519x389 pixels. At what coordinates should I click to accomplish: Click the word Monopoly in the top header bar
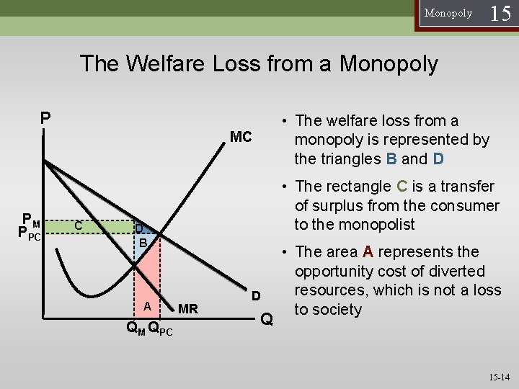coord(448,13)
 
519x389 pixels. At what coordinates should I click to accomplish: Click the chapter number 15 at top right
coord(501,13)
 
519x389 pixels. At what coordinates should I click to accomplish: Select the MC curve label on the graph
coord(240,136)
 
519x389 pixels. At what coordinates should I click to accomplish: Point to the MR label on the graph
coord(188,309)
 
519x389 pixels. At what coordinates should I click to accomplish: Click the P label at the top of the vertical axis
coord(45,117)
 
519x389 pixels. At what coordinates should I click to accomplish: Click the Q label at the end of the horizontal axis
coord(267,319)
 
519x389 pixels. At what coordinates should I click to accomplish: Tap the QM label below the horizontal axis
coord(135,330)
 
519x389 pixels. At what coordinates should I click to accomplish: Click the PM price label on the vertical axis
coord(31,219)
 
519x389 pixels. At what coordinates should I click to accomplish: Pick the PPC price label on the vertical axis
coord(30,233)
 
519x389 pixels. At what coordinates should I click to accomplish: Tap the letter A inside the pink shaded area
coord(146,306)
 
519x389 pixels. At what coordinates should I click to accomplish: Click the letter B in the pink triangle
coord(143,243)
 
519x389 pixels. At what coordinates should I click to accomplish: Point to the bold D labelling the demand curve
coord(255,296)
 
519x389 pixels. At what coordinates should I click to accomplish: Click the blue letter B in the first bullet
coord(391,158)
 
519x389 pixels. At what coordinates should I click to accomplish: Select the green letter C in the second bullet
coord(403,187)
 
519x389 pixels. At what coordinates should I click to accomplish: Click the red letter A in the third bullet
coord(368,252)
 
